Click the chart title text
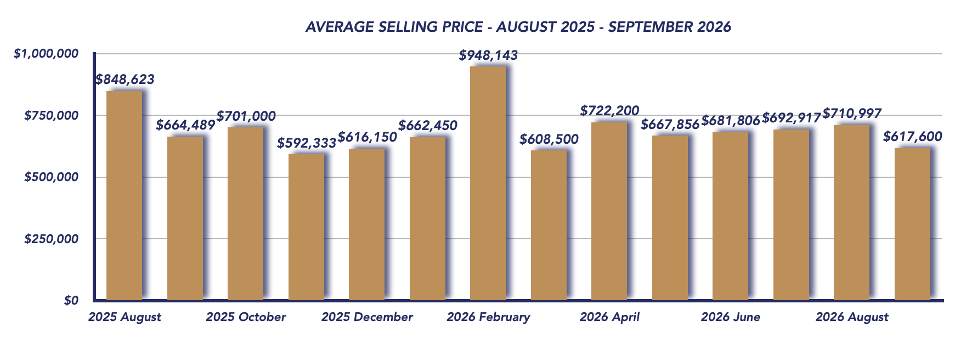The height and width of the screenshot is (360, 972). click(518, 27)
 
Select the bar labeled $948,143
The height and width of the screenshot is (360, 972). click(488, 183)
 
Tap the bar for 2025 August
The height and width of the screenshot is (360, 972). click(125, 195)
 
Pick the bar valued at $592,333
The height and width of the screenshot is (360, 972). click(306, 227)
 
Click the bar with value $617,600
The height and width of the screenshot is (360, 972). click(912, 224)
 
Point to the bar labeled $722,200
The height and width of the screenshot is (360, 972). click(609, 211)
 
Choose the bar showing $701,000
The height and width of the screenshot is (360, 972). click(246, 214)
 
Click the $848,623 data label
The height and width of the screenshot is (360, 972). click(125, 80)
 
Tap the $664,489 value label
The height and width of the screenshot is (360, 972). click(185, 125)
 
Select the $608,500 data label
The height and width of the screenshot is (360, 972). click(549, 139)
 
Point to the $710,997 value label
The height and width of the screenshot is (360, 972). click(852, 114)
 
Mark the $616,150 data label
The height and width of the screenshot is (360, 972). click(367, 137)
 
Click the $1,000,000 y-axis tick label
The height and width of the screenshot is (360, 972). click(47, 53)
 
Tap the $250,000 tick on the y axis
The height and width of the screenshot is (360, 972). click(52, 239)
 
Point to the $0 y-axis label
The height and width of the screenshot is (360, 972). click(71, 301)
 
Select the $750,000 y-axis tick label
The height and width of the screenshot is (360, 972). click(52, 115)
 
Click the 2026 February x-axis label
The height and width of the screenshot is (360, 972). click(488, 317)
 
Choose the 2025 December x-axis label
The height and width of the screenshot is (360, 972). click(367, 317)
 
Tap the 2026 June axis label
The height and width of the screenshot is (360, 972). click(731, 317)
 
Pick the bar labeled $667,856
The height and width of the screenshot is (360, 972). click(670, 218)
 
